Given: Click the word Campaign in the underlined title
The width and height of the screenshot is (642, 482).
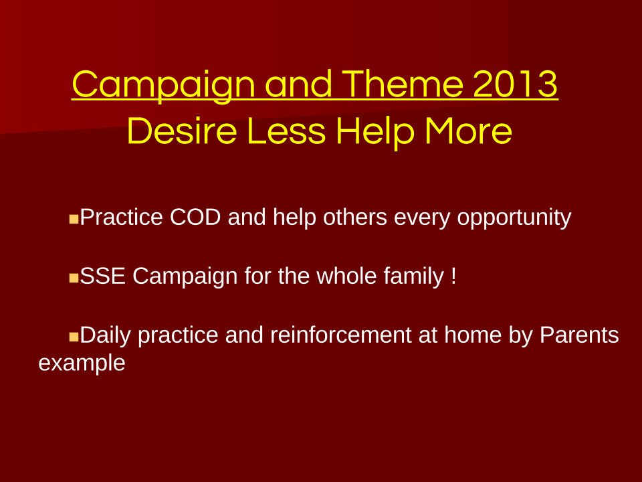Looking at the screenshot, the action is (164, 85).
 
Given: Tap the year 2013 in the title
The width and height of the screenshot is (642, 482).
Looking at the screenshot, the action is (515, 84).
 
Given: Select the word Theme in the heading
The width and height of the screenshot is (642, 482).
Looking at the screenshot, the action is (403, 84).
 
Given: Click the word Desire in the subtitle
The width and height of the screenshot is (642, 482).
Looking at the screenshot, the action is (182, 131).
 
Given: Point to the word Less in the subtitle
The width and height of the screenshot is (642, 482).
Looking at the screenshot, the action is (287, 131).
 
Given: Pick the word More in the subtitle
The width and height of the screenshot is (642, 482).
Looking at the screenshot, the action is (468, 131).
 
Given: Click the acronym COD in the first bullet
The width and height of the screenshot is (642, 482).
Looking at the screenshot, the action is (195, 217).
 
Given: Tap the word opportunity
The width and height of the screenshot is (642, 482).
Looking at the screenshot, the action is (514, 218).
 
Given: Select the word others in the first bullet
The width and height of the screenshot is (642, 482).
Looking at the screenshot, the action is (355, 217).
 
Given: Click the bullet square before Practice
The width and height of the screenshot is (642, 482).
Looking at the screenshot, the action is (74, 219).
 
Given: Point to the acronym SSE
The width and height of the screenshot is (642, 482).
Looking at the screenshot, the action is (102, 276).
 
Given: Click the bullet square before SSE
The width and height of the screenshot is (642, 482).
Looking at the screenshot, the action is (74, 278).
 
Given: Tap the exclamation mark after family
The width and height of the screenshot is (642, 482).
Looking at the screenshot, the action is (453, 276).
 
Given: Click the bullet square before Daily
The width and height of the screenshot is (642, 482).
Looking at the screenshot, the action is (74, 337).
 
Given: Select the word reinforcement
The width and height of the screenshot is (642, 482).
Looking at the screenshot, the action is (340, 335).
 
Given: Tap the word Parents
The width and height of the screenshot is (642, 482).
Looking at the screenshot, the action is (579, 335).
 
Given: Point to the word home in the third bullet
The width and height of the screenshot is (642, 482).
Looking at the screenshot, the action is (473, 335).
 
